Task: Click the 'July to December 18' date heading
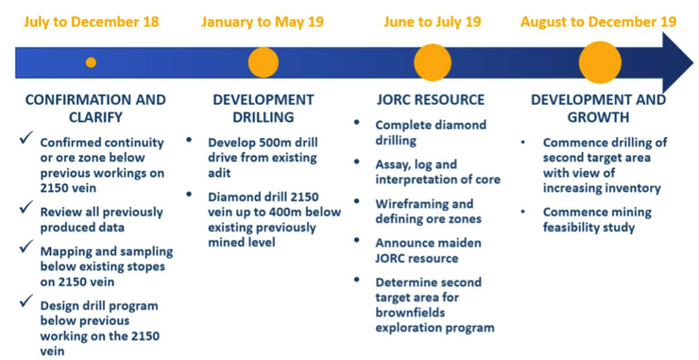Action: point(92,22)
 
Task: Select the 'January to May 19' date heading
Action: point(263,22)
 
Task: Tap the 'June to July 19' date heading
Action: point(432,22)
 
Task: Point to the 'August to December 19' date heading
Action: point(598,22)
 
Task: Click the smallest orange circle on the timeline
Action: point(91,62)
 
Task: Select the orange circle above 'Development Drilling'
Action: point(263,62)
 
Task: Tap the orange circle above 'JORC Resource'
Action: point(433,62)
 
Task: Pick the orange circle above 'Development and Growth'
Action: point(599,62)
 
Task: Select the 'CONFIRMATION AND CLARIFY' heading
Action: point(94,109)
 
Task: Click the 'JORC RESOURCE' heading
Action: point(431,99)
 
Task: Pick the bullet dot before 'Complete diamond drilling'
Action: point(356,123)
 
